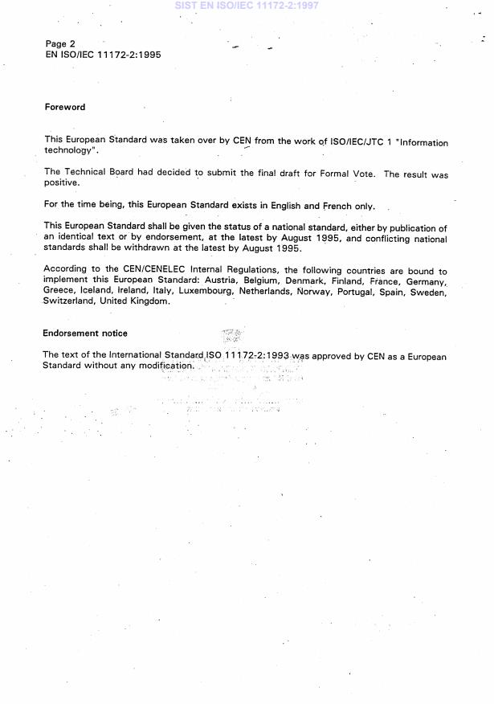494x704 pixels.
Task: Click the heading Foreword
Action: tap(65, 107)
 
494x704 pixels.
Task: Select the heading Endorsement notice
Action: tap(85, 333)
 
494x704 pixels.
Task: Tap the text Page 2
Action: tap(60, 43)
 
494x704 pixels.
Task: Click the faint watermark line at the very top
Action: tap(246, 5)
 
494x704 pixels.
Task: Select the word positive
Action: tap(62, 183)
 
